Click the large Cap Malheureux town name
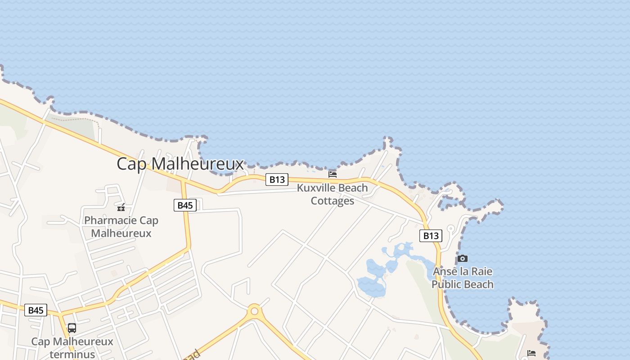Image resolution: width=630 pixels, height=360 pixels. [180, 164]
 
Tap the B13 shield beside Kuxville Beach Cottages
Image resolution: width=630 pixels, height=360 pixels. [276, 180]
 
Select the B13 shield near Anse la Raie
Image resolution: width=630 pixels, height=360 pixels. [431, 236]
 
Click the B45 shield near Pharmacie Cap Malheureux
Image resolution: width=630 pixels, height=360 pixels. [185, 205]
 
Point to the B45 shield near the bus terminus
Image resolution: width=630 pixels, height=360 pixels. [36, 310]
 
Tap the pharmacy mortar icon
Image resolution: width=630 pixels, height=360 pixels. [121, 207]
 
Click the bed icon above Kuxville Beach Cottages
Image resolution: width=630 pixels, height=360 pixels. [333, 174]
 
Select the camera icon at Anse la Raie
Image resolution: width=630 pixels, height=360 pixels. [462, 259]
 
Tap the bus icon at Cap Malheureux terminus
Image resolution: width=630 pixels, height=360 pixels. [72, 328]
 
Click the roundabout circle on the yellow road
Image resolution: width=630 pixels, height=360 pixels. [255, 310]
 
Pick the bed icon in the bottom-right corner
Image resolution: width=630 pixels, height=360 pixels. [531, 353]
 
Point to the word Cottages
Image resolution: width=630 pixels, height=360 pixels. [333, 201]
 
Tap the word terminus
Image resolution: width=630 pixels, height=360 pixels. [72, 355]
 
